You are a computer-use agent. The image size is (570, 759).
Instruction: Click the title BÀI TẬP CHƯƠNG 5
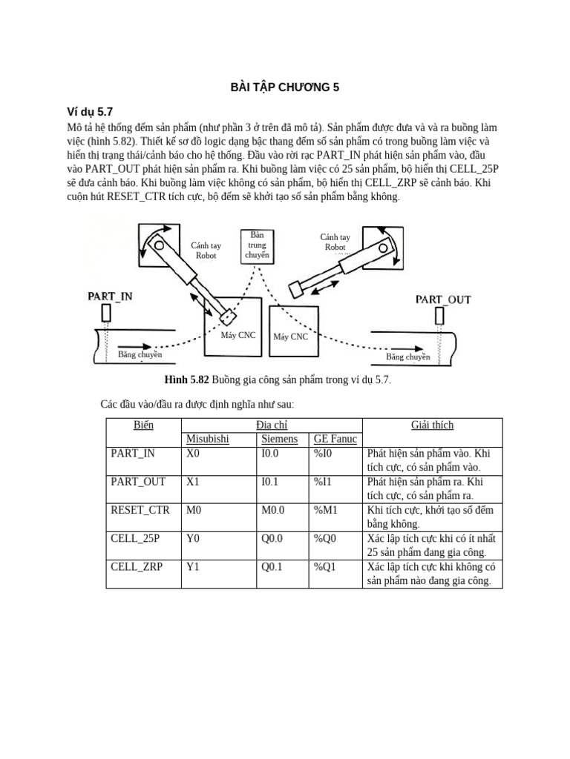(285, 87)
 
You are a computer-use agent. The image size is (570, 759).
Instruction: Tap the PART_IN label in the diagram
(110, 296)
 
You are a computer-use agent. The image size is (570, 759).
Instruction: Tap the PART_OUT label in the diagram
(442, 299)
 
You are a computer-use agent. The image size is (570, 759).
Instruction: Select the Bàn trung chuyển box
(257, 245)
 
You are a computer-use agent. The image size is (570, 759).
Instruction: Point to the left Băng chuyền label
(140, 355)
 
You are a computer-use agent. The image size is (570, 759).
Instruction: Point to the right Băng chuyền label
(407, 357)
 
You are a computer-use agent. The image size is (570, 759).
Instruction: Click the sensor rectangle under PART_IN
(106, 314)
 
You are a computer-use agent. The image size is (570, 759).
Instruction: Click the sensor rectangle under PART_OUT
(439, 316)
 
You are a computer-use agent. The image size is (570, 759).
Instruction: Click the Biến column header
(143, 425)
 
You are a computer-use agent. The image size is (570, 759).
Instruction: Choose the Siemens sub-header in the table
(280, 439)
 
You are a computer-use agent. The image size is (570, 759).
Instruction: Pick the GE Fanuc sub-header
(335, 439)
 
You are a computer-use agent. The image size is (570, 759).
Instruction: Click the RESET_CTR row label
(140, 510)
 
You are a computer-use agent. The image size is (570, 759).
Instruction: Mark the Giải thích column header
(432, 425)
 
